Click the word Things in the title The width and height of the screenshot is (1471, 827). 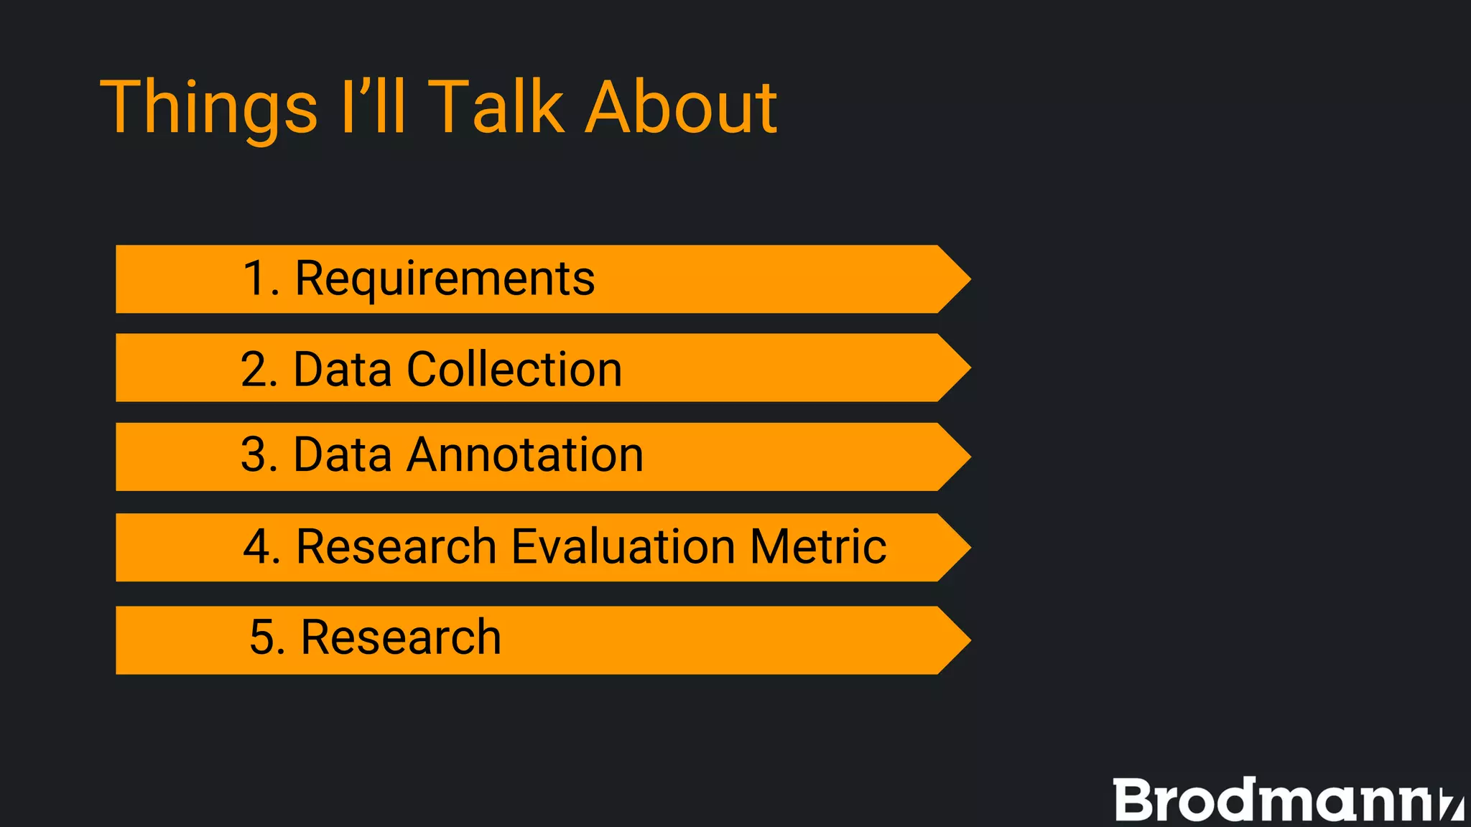[x=208, y=108]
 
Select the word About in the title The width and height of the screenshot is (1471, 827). [x=681, y=108]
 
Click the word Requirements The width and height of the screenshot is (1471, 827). [x=445, y=279]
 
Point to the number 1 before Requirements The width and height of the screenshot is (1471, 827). [x=256, y=279]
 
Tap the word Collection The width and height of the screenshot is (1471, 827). [x=514, y=369]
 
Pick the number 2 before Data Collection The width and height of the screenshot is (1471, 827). [x=256, y=369]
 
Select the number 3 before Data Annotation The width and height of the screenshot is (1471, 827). [x=256, y=455]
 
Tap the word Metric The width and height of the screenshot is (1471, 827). [x=818, y=547]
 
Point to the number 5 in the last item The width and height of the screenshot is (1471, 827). [x=264, y=637]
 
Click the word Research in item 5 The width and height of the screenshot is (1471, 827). [x=401, y=637]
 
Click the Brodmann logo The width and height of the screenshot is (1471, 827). [x=1286, y=800]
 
